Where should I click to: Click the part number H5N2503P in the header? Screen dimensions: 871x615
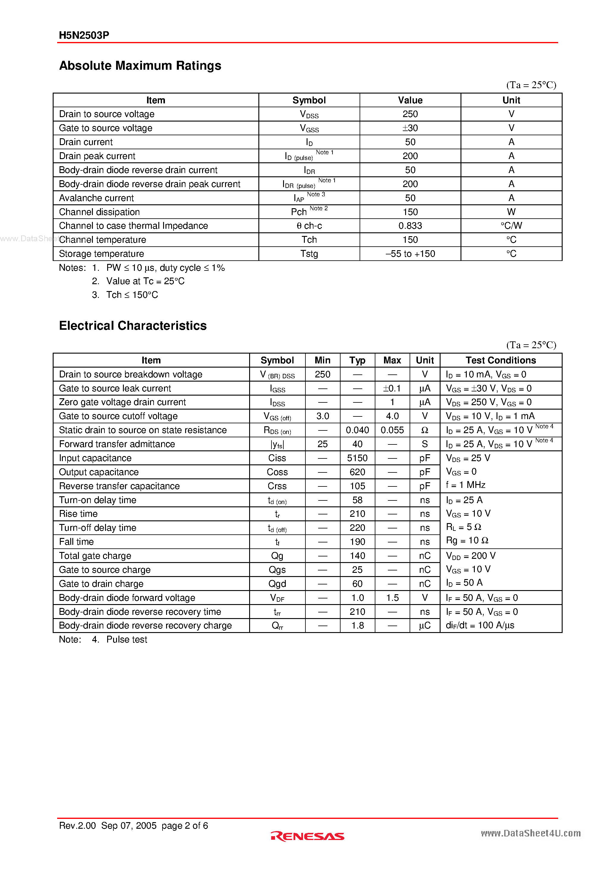[84, 35]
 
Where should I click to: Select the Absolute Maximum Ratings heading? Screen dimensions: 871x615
[140, 66]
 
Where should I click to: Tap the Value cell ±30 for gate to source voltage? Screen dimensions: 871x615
[410, 128]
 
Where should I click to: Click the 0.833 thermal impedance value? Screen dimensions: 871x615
[410, 226]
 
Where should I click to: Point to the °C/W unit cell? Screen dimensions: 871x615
[511, 226]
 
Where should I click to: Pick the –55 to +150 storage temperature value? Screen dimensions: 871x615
[410, 254]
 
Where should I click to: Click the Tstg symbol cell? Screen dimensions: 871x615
[309, 254]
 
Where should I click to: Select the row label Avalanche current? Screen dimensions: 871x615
[96, 198]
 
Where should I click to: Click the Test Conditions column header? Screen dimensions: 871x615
[500, 360]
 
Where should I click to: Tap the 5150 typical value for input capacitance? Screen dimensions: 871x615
[357, 458]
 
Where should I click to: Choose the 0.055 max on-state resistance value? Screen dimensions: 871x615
[392, 430]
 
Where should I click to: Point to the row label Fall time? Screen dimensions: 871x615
[76, 542]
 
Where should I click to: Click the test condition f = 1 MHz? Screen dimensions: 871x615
[466, 485]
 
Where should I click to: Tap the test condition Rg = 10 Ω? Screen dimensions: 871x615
[467, 541]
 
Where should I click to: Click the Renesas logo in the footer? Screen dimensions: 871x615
[307, 836]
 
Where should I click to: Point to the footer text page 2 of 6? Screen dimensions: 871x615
[185, 826]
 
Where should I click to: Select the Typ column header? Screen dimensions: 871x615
[357, 360]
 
